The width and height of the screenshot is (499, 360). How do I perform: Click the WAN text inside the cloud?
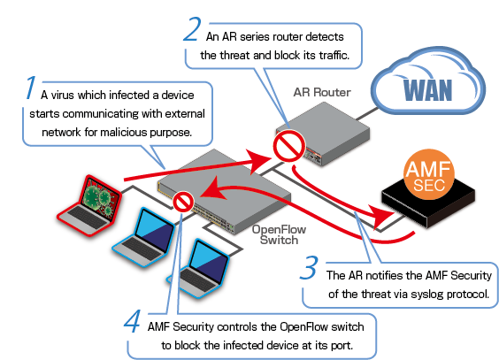pyautogui.click(x=427, y=89)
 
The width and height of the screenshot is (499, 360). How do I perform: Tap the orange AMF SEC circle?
pyautogui.click(x=429, y=175)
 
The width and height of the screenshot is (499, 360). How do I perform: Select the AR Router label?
pyautogui.click(x=322, y=92)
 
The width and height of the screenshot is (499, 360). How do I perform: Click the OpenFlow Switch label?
pyautogui.click(x=279, y=234)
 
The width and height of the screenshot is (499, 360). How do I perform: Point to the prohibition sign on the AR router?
pyautogui.click(x=289, y=146)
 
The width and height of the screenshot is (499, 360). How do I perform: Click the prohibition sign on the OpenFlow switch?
pyautogui.click(x=183, y=202)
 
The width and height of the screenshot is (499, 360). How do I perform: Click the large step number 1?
pyautogui.click(x=31, y=88)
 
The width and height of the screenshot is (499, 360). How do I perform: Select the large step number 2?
pyautogui.click(x=192, y=29)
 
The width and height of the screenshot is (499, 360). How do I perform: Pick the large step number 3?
pyautogui.click(x=309, y=268)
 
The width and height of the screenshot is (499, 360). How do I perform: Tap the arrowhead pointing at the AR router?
pyautogui.click(x=259, y=161)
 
